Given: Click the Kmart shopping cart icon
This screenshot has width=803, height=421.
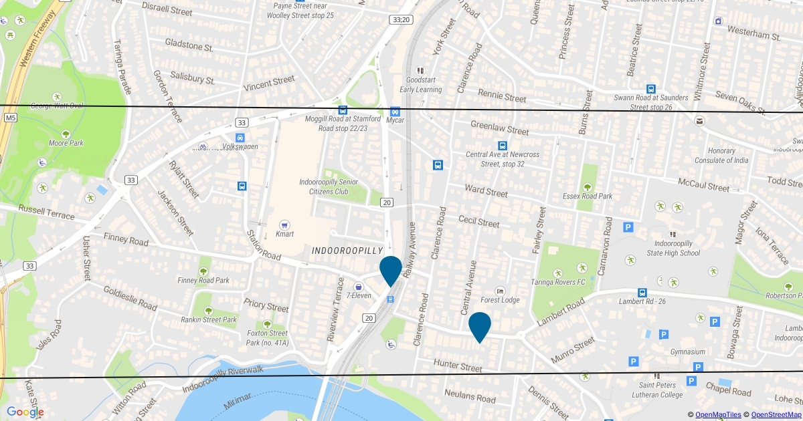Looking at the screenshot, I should [284, 225].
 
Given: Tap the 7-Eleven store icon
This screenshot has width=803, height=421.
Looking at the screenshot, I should [359, 286].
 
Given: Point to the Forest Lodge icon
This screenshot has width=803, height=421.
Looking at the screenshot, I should [500, 291].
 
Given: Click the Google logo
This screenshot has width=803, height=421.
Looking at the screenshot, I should [25, 412].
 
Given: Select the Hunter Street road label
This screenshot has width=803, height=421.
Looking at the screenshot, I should [458, 366].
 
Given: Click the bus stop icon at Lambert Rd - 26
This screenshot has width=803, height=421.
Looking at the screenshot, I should [642, 293].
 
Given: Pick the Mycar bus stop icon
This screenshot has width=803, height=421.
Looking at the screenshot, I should [395, 111].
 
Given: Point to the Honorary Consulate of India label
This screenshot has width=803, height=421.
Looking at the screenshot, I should [721, 155].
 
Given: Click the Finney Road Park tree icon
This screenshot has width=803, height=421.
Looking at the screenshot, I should [203, 271].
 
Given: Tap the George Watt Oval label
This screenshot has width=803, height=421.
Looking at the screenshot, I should [58, 106].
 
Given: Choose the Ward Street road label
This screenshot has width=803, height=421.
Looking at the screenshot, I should [486, 192].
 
